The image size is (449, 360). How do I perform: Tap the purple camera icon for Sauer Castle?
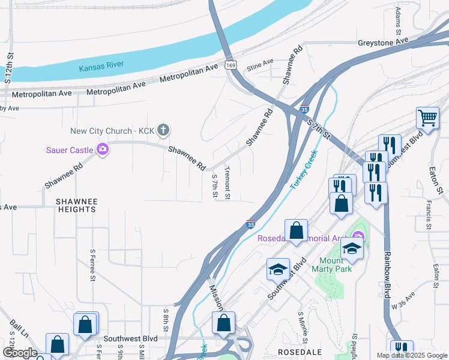click(103, 149)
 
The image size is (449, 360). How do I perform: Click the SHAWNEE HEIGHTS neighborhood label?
click(76, 205)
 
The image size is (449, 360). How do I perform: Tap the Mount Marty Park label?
click(331, 265)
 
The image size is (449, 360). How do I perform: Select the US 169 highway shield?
click(230, 65)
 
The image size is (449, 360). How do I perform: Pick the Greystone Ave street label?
click(382, 42)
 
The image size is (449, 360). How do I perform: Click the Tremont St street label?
click(228, 183)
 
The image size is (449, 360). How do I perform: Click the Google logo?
click(20, 353)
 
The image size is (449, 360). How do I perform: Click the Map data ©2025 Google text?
click(412, 355)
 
